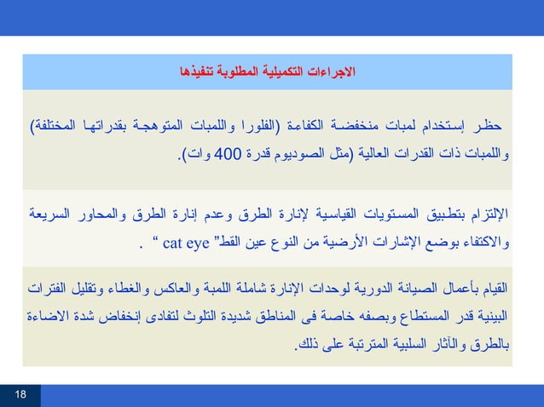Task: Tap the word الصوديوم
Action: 298,154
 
